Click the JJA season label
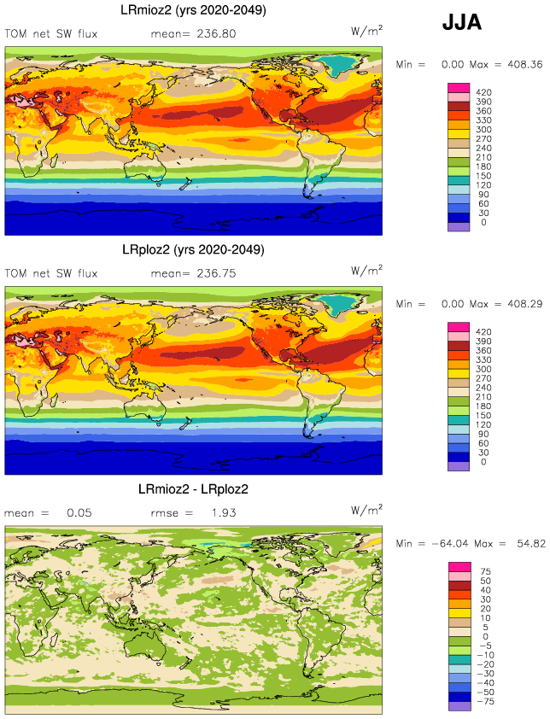pos(461,24)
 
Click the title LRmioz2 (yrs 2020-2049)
pos(193,11)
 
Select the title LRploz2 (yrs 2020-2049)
pos(193,250)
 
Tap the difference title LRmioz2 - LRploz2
pos(193,489)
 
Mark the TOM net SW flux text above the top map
pos(51,34)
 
